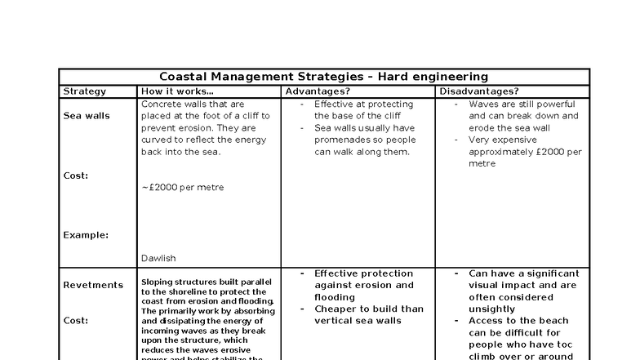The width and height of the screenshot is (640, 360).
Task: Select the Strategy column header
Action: tap(84, 91)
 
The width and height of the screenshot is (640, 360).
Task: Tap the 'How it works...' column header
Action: tap(177, 91)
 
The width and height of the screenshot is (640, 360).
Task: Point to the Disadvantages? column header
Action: tap(479, 91)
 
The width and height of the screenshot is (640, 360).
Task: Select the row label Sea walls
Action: tap(87, 116)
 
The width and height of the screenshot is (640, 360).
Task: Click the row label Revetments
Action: tap(93, 286)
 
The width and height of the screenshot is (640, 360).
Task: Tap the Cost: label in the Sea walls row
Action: tap(76, 176)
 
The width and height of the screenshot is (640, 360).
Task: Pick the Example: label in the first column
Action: tap(86, 235)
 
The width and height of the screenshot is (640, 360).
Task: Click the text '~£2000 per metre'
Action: tap(183, 188)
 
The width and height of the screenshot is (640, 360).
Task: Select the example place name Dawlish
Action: tap(158, 259)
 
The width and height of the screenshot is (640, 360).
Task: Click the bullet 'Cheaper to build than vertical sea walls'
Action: tap(369, 315)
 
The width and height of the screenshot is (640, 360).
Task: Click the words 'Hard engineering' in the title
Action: tap(433, 77)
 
